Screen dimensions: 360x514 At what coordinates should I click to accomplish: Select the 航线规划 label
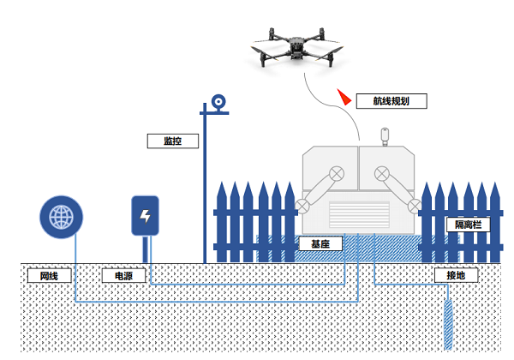[x=391, y=100]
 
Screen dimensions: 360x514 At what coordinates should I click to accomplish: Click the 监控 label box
[x=174, y=141]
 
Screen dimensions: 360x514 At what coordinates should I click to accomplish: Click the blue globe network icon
[x=62, y=217]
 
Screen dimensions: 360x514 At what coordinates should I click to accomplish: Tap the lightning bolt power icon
[x=145, y=216]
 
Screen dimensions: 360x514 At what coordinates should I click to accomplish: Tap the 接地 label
[x=456, y=276]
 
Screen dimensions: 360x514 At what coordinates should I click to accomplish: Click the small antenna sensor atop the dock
[x=385, y=135]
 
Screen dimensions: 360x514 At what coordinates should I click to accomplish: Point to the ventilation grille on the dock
[x=359, y=217]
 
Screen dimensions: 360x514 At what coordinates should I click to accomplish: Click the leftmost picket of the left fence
[x=219, y=221]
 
